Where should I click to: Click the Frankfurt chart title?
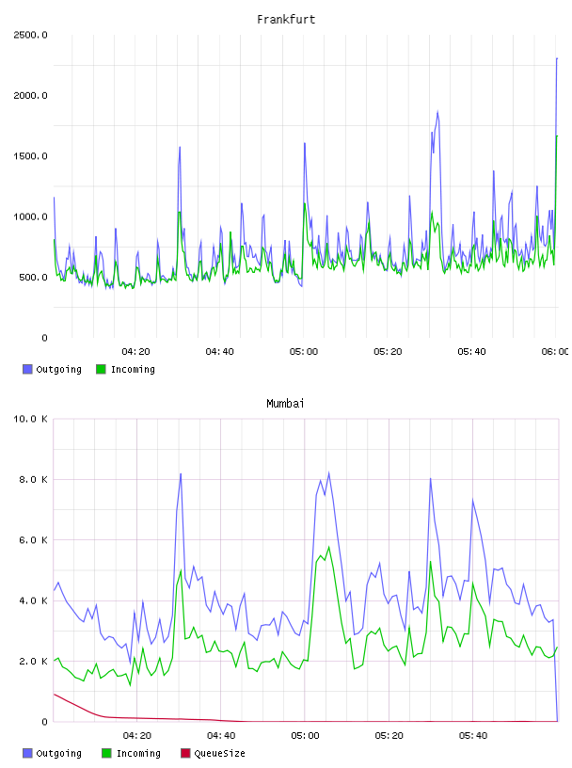pyautogui.click(x=286, y=20)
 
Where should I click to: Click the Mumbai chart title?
pyautogui.click(x=285, y=404)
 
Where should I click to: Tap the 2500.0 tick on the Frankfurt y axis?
pyautogui.click(x=30, y=35)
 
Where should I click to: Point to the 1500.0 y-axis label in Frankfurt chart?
pyautogui.click(x=30, y=156)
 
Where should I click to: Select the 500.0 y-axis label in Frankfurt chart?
pyautogui.click(x=33, y=278)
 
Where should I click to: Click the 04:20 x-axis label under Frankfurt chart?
pyautogui.click(x=135, y=352)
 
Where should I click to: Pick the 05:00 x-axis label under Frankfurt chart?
pyautogui.click(x=304, y=352)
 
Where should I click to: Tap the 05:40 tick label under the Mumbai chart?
pyautogui.click(x=473, y=736)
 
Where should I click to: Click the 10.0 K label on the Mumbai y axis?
pyautogui.click(x=30, y=419)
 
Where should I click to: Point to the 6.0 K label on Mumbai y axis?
pyautogui.click(x=33, y=539)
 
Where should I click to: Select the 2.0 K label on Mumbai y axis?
pyautogui.click(x=33, y=662)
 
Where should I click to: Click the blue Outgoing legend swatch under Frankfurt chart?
pyautogui.click(x=27, y=369)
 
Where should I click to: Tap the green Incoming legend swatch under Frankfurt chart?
pyautogui.click(x=101, y=369)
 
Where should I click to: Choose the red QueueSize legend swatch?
pyautogui.click(x=185, y=753)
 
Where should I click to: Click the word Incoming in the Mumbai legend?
pyautogui.click(x=138, y=754)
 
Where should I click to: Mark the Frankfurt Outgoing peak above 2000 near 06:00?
pyautogui.click(x=557, y=58)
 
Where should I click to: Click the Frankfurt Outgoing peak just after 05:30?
pyautogui.click(x=437, y=112)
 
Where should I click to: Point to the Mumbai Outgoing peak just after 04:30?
pyautogui.click(x=181, y=473)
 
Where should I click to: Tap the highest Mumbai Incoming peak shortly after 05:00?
pyautogui.click(x=329, y=547)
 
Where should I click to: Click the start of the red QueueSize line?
pyautogui.click(x=54, y=694)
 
